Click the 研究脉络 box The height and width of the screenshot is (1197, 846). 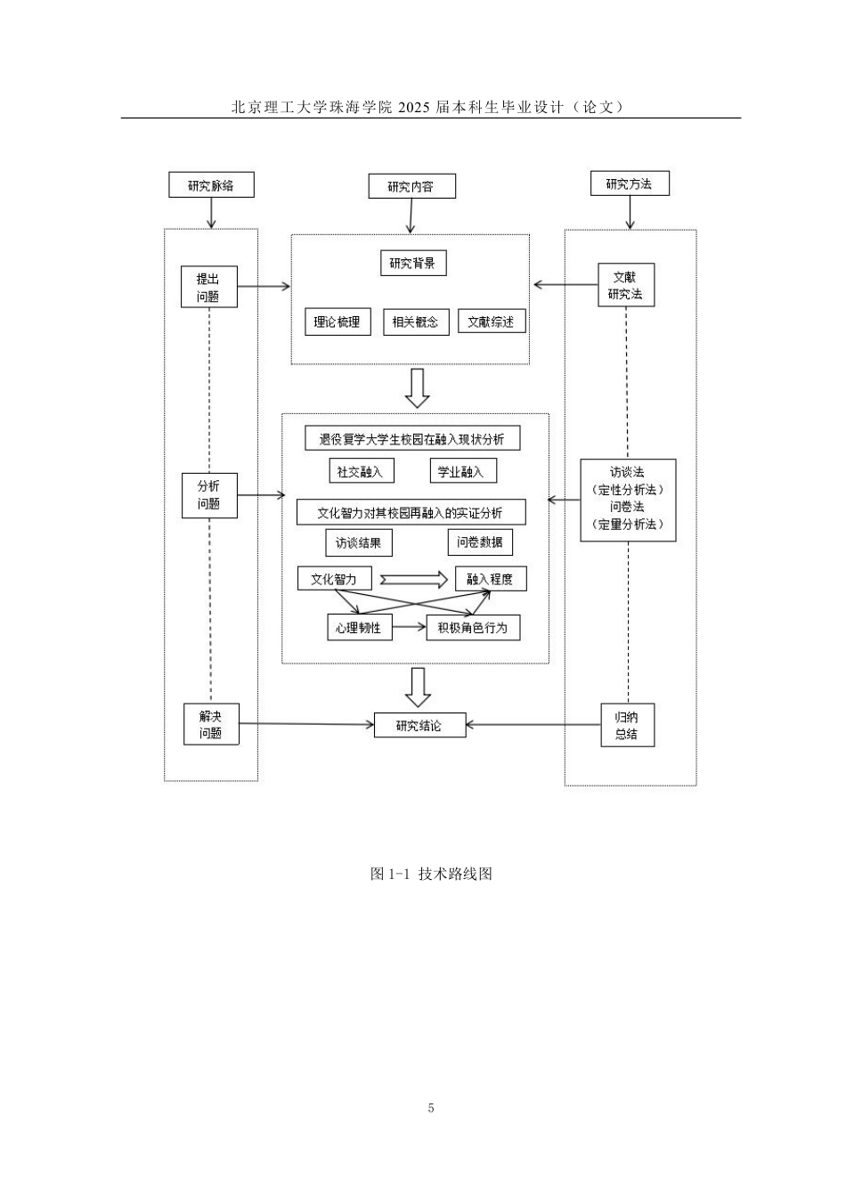(211, 185)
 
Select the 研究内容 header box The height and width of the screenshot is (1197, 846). (411, 186)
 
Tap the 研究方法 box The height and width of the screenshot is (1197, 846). (629, 183)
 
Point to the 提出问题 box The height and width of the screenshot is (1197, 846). (208, 287)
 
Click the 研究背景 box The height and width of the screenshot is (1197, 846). (411, 263)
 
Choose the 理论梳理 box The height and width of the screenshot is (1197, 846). (337, 322)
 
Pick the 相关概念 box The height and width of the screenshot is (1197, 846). (415, 322)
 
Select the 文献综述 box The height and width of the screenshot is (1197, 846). (491, 322)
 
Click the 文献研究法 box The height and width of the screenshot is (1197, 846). (625, 285)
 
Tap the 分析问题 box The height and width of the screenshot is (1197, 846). (208, 494)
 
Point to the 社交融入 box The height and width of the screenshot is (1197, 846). (360, 472)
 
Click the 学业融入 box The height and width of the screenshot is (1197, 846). (461, 472)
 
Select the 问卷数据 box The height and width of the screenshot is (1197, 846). (480, 541)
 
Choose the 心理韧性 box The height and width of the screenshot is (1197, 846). (358, 627)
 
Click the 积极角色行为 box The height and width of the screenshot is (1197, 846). (472, 627)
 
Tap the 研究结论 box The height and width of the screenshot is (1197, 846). (419, 725)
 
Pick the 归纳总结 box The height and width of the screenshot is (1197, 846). (626, 725)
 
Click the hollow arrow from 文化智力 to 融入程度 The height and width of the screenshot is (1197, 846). (413, 580)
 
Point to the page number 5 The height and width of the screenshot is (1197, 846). (431, 1108)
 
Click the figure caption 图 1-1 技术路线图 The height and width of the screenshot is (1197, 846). (431, 874)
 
